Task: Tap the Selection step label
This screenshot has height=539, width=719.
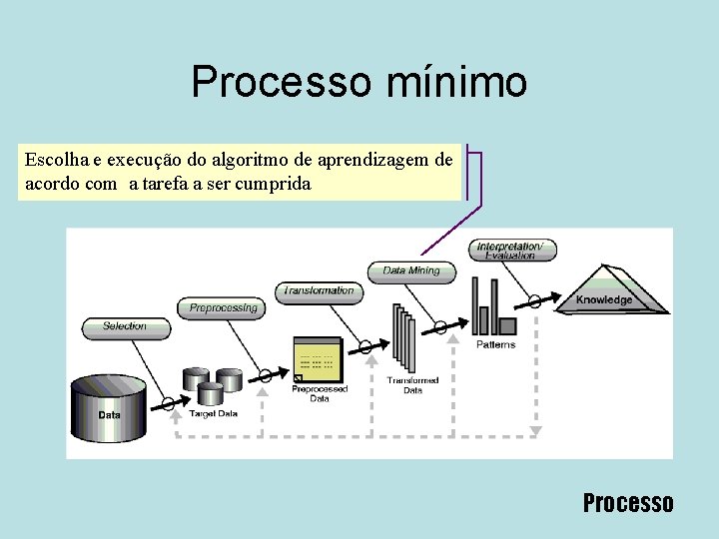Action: (x=125, y=326)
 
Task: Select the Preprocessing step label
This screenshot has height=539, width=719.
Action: (x=223, y=308)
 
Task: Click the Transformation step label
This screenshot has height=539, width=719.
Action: (x=319, y=291)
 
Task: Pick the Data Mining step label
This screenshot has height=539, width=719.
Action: (x=410, y=270)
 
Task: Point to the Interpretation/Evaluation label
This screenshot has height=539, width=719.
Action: (x=511, y=251)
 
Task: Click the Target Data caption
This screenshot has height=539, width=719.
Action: (x=214, y=412)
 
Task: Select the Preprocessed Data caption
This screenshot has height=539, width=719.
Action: (x=319, y=394)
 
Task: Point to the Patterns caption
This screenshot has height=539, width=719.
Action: (x=495, y=344)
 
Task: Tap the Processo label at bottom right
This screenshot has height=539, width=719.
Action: (x=628, y=503)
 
